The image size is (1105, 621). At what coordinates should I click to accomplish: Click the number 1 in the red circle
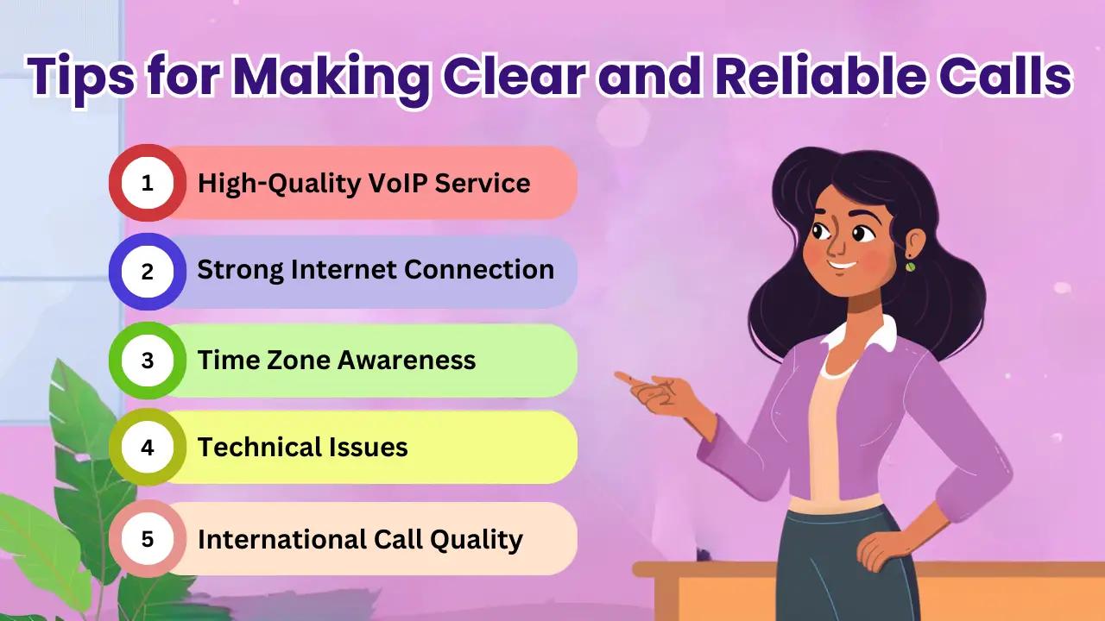147,183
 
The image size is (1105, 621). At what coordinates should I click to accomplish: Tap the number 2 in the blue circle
147,272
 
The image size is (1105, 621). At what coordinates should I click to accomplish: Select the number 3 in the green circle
147,360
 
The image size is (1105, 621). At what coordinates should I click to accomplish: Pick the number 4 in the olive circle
147,448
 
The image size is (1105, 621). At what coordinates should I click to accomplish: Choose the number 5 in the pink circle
147,540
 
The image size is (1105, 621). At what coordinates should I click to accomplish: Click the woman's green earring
910,267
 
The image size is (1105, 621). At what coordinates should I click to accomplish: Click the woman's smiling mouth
843,265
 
